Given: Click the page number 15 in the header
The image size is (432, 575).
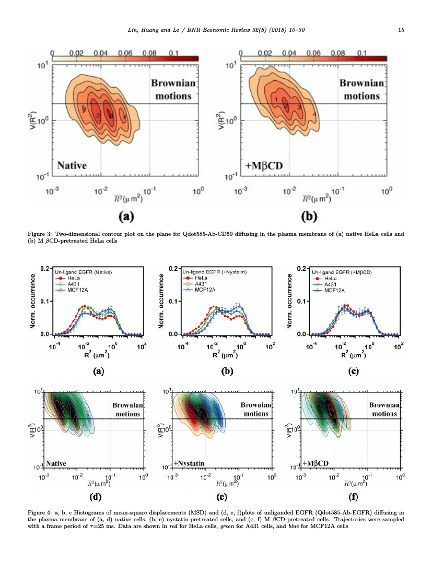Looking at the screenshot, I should pyautogui.click(x=401, y=30).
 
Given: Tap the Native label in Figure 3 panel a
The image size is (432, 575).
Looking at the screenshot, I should pyautogui.click(x=72, y=166).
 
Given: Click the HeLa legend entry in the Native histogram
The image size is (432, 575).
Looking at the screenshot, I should pyautogui.click(x=68, y=278).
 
